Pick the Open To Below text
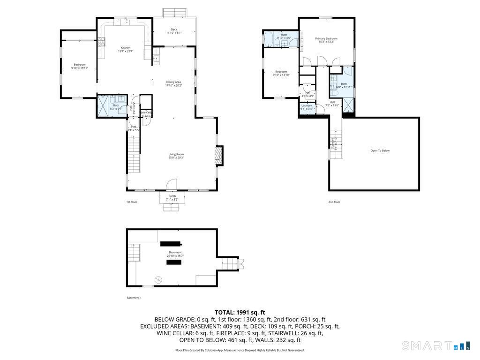pyautogui.click(x=380, y=150)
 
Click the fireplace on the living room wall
pyautogui.click(x=218, y=156)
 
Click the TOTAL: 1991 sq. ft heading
pyautogui.click(x=240, y=312)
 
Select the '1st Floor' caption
pyautogui.click(x=131, y=202)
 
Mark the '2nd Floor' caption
pyautogui.click(x=334, y=202)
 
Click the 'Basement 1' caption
pyautogui.click(x=134, y=298)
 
